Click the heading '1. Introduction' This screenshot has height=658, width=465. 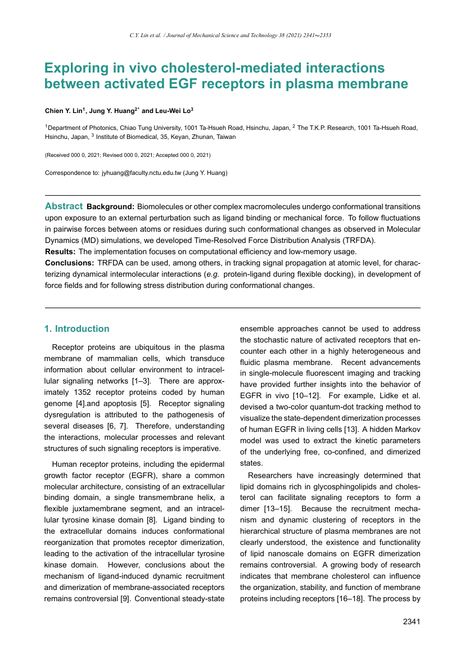coord(77,328)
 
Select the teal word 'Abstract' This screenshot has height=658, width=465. coord(64,206)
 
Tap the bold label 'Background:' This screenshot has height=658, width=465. coord(111,206)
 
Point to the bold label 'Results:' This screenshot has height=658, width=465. coord(60,251)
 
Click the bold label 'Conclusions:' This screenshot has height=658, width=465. coord(69,263)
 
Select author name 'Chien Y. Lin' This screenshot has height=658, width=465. coord(63,111)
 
